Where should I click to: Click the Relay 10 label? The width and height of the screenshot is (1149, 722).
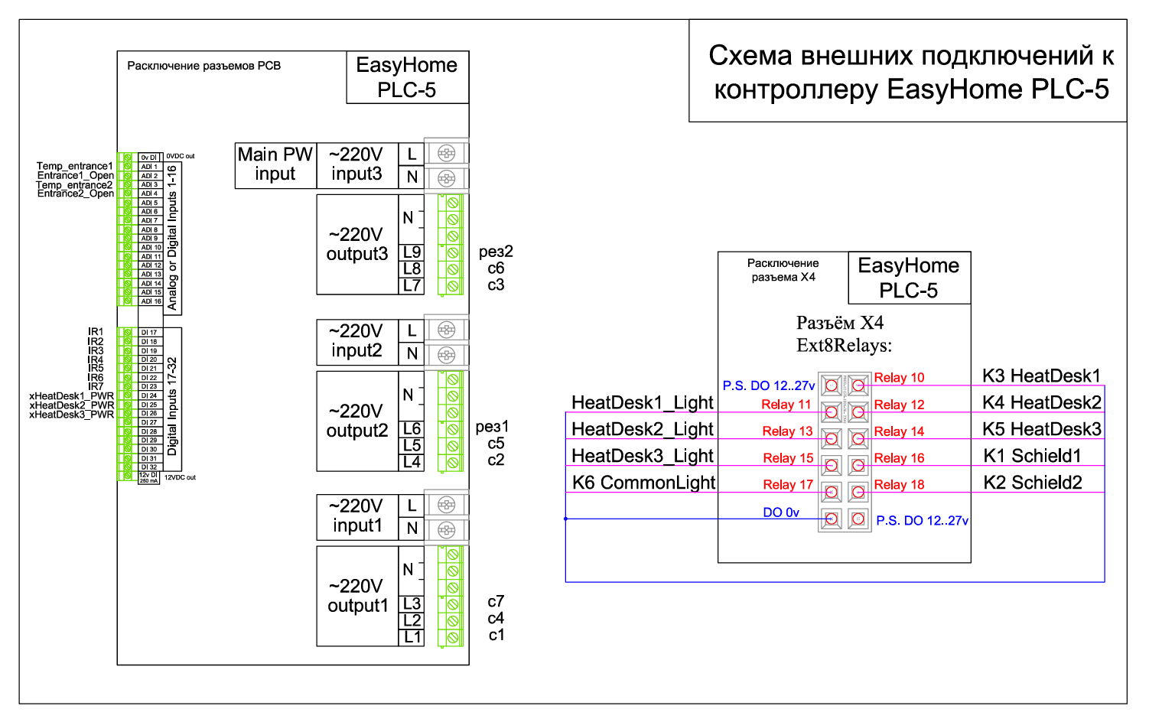899,378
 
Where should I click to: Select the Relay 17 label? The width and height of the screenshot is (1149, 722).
788,485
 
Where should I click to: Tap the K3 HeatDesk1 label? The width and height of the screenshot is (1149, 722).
1041,376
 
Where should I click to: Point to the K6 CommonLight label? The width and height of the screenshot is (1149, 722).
643,483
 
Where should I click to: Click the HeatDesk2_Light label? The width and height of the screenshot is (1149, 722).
642,429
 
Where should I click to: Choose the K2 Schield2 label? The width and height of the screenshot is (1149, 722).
1032,483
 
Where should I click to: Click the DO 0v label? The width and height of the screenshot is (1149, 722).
781,512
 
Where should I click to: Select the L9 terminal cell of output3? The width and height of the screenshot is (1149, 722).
412,252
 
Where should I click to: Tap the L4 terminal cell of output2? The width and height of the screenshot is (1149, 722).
412,462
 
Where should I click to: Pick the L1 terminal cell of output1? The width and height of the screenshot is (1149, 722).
412,636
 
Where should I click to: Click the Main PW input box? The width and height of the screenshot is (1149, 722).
275,164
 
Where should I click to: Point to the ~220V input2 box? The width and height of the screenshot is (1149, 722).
356,341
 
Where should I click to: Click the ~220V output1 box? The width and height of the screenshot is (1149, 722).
357,596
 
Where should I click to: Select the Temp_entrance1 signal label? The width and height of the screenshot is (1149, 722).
74,166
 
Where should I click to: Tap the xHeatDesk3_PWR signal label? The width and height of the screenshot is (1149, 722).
71,415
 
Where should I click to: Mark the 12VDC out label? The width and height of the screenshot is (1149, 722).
180,477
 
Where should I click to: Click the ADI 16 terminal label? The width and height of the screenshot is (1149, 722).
151,301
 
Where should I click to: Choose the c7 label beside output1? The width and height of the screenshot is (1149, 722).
496,602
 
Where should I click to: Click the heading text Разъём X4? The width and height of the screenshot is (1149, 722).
839,323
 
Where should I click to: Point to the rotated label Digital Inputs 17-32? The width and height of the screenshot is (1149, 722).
172,405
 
